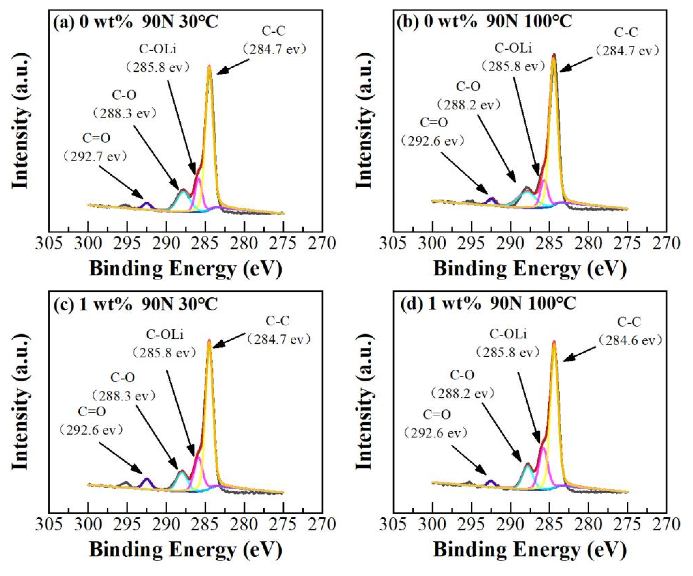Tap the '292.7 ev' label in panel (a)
click(96, 157)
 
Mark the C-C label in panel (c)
click(277, 321)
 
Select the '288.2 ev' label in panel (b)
click(469, 105)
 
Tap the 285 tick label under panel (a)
click(205, 244)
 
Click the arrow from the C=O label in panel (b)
click(464, 173)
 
